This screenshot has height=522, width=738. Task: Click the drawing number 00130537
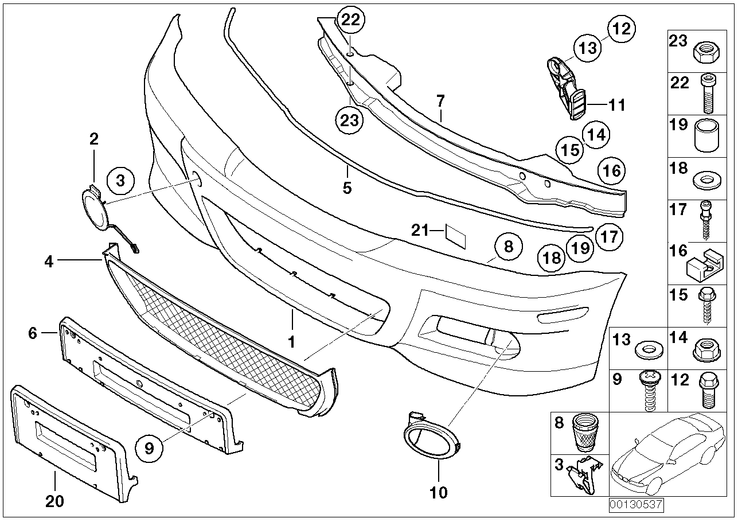pos(636,505)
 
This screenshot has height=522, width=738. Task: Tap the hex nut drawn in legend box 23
pos(706,52)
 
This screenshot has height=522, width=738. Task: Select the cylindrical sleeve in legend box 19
pos(706,137)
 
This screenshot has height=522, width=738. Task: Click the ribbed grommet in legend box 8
pos(585,433)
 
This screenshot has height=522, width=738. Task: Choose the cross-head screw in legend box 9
pos(649,391)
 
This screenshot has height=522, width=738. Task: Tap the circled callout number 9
pos(149,448)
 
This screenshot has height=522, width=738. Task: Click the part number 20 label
pos(54,501)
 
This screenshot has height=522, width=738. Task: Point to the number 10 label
pos(439,493)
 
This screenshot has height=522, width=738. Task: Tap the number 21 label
pos(420,231)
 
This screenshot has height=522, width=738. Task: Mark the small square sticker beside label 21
pos(456,236)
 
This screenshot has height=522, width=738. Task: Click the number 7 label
pos(440,101)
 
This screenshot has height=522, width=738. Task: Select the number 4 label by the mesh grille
pos(49,262)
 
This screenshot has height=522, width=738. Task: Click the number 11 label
pos(617,105)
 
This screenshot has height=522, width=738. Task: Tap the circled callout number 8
pos(509,247)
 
